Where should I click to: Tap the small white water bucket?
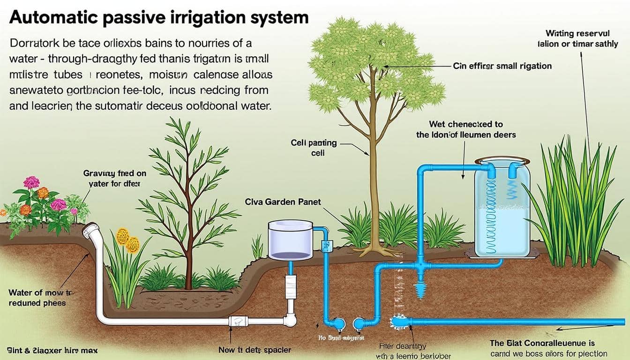pos(290,240)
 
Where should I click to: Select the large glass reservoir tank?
pos(502,209)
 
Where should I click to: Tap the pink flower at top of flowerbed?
pos(31,182)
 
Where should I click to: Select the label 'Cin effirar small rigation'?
pos(502,66)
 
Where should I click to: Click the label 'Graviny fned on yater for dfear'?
pos(115,179)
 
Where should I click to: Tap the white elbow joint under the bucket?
pos(290,321)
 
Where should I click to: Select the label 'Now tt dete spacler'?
pos(255,350)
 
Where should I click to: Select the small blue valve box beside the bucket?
pos(327,246)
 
